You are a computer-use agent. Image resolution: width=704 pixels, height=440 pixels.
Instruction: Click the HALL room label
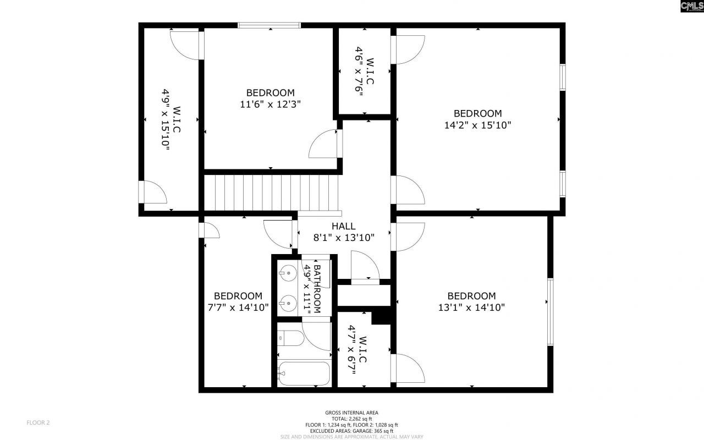pos(343,226)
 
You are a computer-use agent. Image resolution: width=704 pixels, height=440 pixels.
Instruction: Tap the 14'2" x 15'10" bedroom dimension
pos(477,125)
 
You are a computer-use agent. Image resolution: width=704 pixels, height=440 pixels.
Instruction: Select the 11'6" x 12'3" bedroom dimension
pos(270,104)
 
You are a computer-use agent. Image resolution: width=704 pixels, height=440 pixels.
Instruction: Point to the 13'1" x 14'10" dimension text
pos(471,307)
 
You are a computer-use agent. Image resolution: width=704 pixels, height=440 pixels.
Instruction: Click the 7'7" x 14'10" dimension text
pos(238,307)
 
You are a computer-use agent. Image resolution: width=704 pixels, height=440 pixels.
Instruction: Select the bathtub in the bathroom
pos(304,373)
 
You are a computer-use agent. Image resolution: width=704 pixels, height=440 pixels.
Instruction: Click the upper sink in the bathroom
pos(288,271)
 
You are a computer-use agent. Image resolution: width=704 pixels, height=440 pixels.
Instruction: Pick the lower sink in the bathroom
pos(288,302)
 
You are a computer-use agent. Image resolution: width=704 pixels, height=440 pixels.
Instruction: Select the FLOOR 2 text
pos(38,422)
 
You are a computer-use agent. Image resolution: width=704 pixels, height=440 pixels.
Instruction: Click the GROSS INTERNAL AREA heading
pos(351,413)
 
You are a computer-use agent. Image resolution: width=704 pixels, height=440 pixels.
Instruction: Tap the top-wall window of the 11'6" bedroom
pos(269,25)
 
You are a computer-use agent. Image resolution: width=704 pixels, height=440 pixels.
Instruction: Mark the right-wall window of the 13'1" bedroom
pos(550,312)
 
